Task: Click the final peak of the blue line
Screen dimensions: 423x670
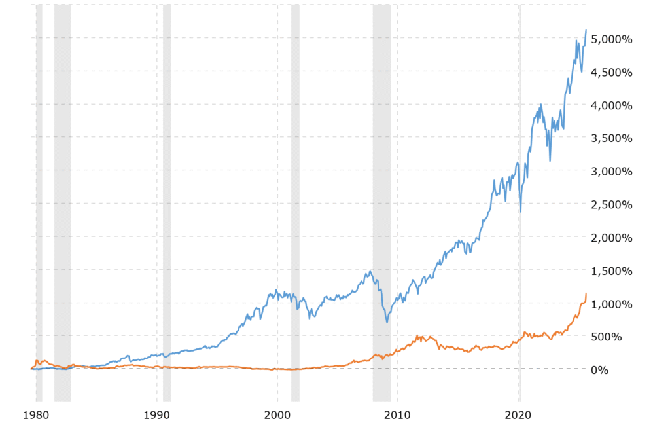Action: [586, 30]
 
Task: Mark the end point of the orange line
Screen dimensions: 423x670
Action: [586, 293]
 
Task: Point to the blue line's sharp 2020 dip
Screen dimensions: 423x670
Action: [521, 211]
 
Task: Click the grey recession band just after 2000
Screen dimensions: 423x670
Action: [295, 196]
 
